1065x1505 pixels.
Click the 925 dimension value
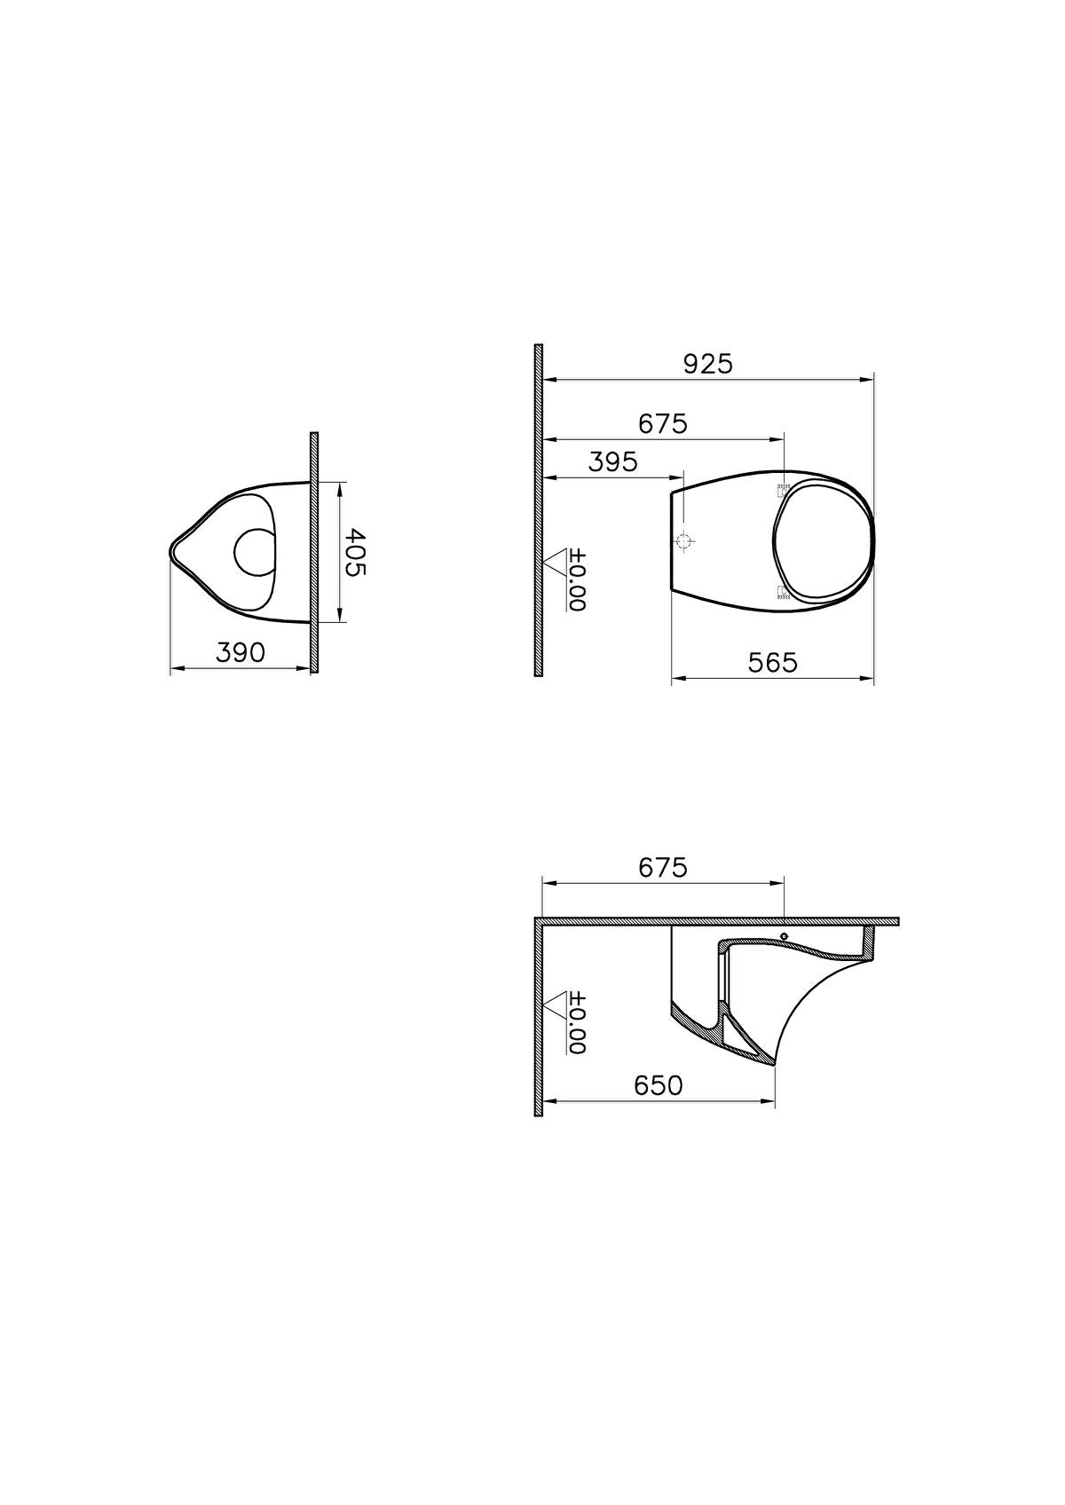pos(707,365)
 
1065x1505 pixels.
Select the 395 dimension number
pos(612,462)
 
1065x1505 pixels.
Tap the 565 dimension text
pos(772,663)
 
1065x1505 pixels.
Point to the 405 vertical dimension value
pos(354,553)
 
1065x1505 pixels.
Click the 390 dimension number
pos(241,653)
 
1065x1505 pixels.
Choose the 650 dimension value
pos(658,1085)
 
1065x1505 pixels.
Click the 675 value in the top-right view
pos(663,424)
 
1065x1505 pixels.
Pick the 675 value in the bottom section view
pos(663,868)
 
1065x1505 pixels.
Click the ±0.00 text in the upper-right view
pos(578,579)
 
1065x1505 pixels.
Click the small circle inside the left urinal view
pos(256,551)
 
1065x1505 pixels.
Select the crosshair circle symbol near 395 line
pos(684,540)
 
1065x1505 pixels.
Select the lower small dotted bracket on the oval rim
pos(784,593)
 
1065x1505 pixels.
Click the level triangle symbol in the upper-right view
pos(556,561)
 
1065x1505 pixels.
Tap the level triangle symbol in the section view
pos(556,1005)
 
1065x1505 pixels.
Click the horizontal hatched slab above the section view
pos(719,922)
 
